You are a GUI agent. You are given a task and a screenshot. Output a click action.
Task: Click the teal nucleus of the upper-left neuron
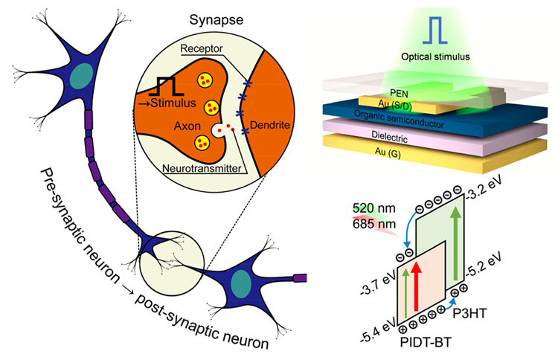click(82, 76)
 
